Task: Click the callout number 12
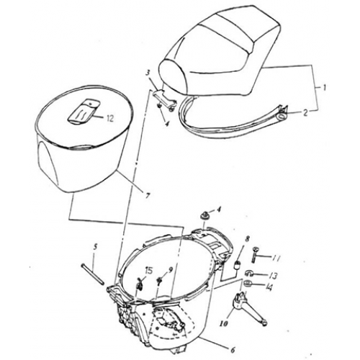click(109, 119)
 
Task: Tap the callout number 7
click(148, 195)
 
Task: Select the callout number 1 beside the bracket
click(324, 88)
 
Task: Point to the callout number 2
click(305, 113)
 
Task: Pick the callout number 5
click(95, 247)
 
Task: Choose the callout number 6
click(232, 350)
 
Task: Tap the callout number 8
click(247, 238)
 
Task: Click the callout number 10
click(224, 324)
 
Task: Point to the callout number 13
click(273, 276)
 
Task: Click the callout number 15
click(148, 271)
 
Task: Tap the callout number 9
click(171, 270)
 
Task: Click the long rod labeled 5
click(93, 274)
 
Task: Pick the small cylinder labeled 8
click(237, 266)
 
